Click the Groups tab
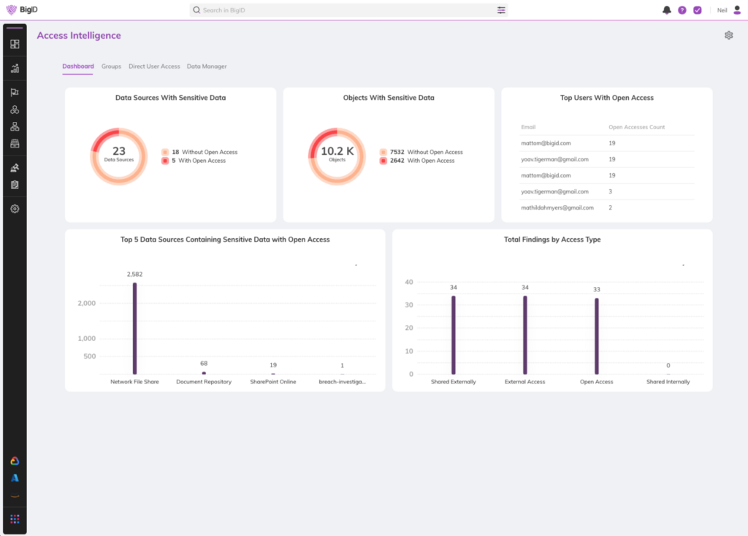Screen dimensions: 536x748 [111, 66]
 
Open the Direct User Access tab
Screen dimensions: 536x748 [154, 66]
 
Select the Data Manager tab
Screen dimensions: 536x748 [207, 66]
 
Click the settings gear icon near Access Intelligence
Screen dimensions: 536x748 [728, 35]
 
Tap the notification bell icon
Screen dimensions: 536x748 [666, 10]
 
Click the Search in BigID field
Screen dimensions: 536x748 [343, 10]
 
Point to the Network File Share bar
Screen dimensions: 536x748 [134, 329]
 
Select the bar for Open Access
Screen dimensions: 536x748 [596, 336]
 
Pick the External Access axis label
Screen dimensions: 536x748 [524, 382]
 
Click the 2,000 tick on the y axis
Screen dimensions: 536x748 [86, 303]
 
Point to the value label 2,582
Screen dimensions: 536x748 [134, 274]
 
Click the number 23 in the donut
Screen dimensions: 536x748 [118, 151]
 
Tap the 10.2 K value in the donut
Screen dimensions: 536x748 [337, 151]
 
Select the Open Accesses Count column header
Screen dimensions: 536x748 [636, 127]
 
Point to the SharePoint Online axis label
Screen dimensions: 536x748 [273, 382]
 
